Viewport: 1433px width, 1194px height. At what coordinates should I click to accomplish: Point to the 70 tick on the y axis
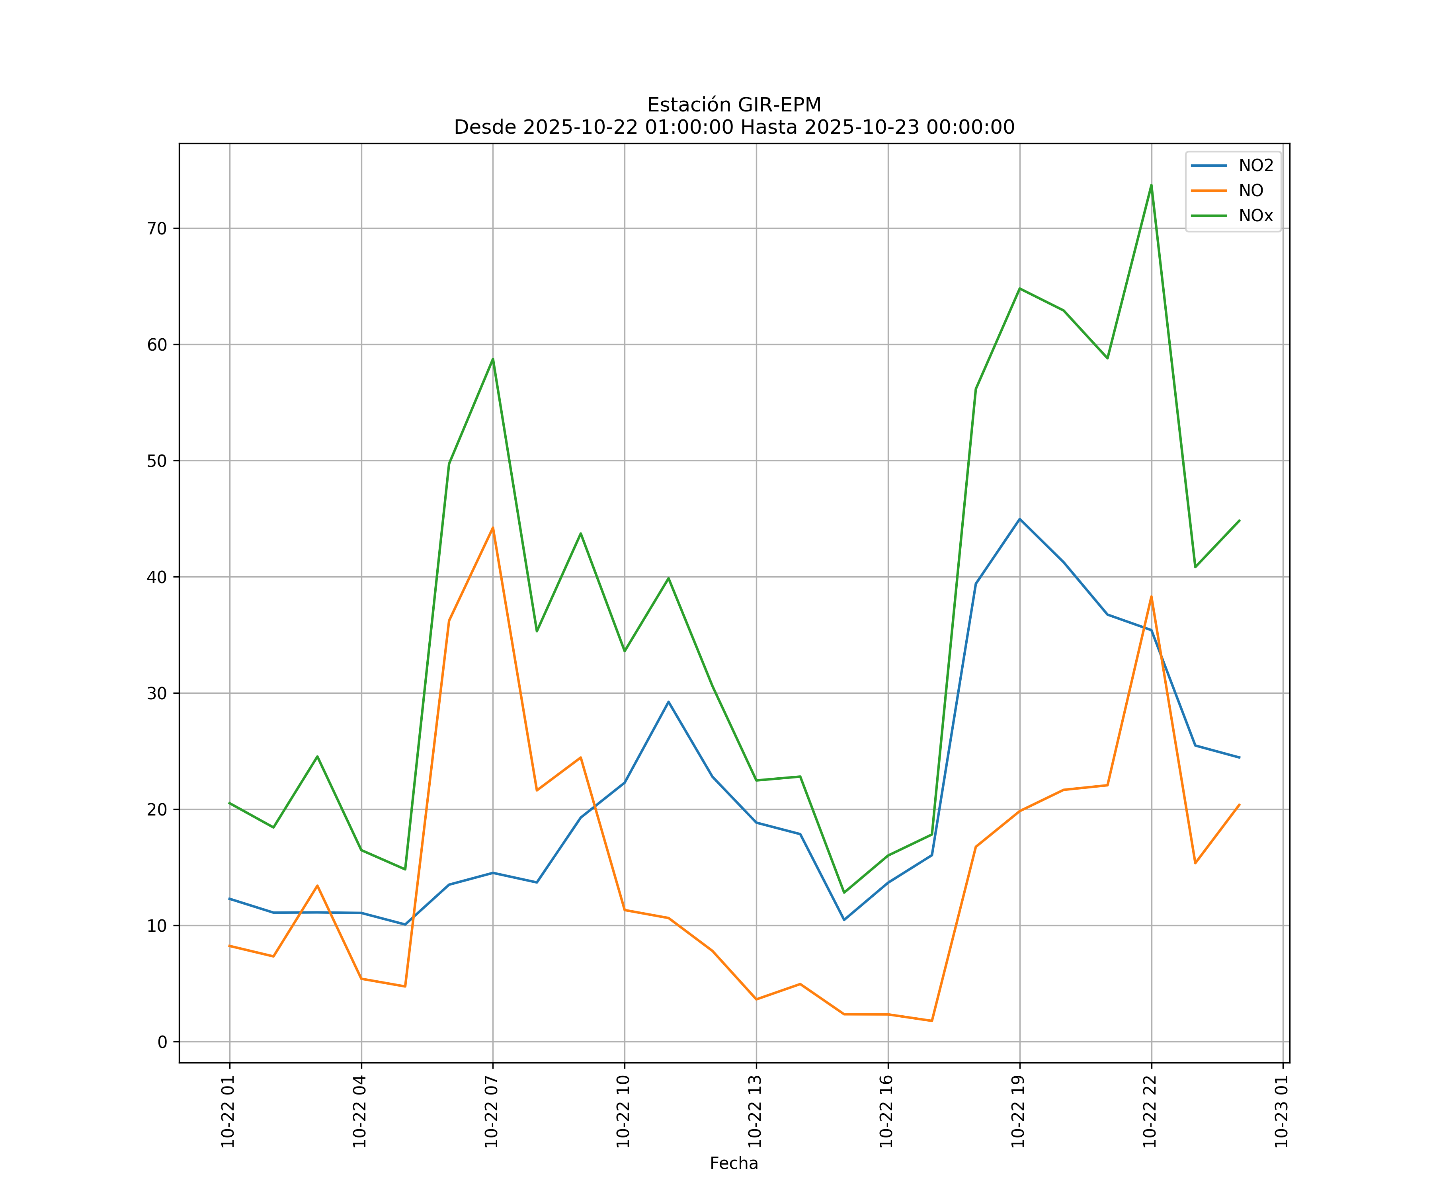tap(157, 228)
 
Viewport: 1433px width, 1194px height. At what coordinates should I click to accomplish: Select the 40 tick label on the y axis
tap(157, 577)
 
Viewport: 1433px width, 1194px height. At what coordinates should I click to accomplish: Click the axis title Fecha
tap(734, 1163)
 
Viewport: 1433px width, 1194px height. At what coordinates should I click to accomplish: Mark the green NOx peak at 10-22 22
tap(1151, 185)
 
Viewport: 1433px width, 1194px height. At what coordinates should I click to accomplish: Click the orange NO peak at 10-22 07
tap(493, 527)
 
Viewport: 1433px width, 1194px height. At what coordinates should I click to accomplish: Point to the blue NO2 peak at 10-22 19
tap(1019, 519)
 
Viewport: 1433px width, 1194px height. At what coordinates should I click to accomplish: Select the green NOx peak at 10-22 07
tap(493, 359)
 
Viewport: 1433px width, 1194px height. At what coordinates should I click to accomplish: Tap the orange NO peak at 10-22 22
tap(1151, 597)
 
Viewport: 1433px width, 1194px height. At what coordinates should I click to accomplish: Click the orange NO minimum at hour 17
tap(931, 1021)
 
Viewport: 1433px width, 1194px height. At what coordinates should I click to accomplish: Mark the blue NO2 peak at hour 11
tap(668, 701)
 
